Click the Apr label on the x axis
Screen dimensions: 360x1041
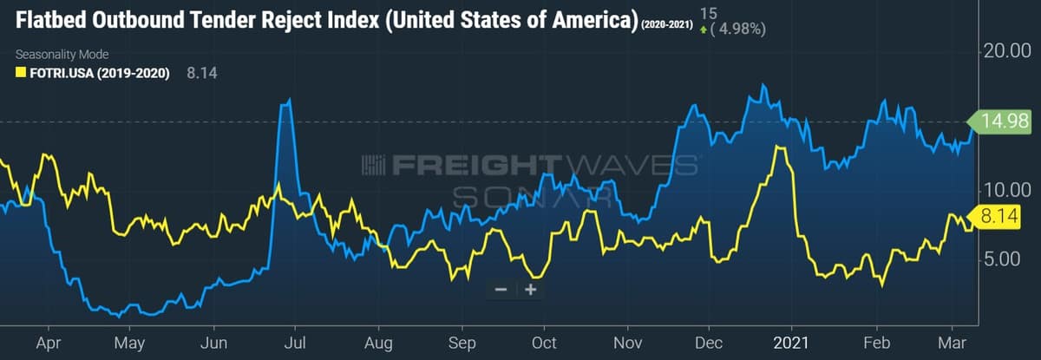pos(49,343)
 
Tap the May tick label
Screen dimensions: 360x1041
pos(129,343)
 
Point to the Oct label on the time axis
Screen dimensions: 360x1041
pos(543,343)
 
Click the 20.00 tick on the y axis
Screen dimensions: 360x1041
pos(1007,51)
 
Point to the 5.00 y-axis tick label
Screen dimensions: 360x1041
pos(1007,259)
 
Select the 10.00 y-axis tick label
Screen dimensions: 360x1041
pos(1007,189)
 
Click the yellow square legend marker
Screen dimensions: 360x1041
pos(20,73)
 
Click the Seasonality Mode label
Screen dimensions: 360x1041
pos(62,54)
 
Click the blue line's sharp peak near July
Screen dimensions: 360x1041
pos(287,101)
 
